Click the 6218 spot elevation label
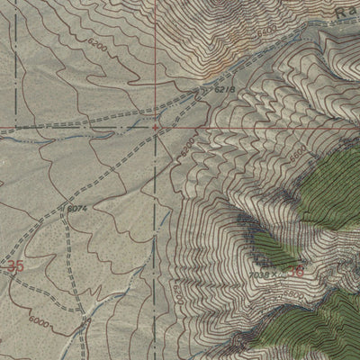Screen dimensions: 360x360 [x=225, y=91]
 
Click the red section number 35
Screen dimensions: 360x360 [x=14, y=266]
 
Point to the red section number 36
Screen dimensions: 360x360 [x=297, y=268]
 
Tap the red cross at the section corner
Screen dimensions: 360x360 [x=156, y=127]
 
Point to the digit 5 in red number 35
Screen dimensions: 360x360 [x=19, y=266]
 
